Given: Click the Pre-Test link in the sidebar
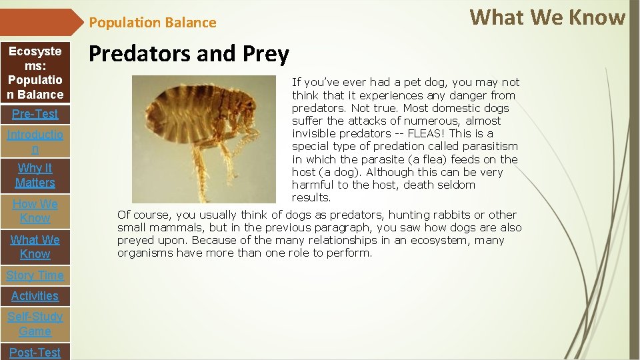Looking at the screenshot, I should (35, 114).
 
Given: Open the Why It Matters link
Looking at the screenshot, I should (35, 175).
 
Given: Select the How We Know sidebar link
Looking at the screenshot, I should (35, 211).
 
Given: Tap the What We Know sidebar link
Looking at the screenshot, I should (35, 247).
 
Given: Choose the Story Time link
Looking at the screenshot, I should (35, 275).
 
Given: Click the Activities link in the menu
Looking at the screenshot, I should (35, 296).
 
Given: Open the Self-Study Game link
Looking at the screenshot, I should (35, 324).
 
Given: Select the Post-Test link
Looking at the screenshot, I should (35, 352).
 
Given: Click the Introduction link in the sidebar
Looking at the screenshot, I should (35, 141).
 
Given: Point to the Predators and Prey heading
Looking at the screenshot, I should (189, 54).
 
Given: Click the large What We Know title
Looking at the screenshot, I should (547, 17).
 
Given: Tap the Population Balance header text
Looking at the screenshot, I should (153, 23).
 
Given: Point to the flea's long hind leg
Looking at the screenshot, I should (200, 173).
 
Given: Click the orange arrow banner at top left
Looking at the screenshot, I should (40, 22).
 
